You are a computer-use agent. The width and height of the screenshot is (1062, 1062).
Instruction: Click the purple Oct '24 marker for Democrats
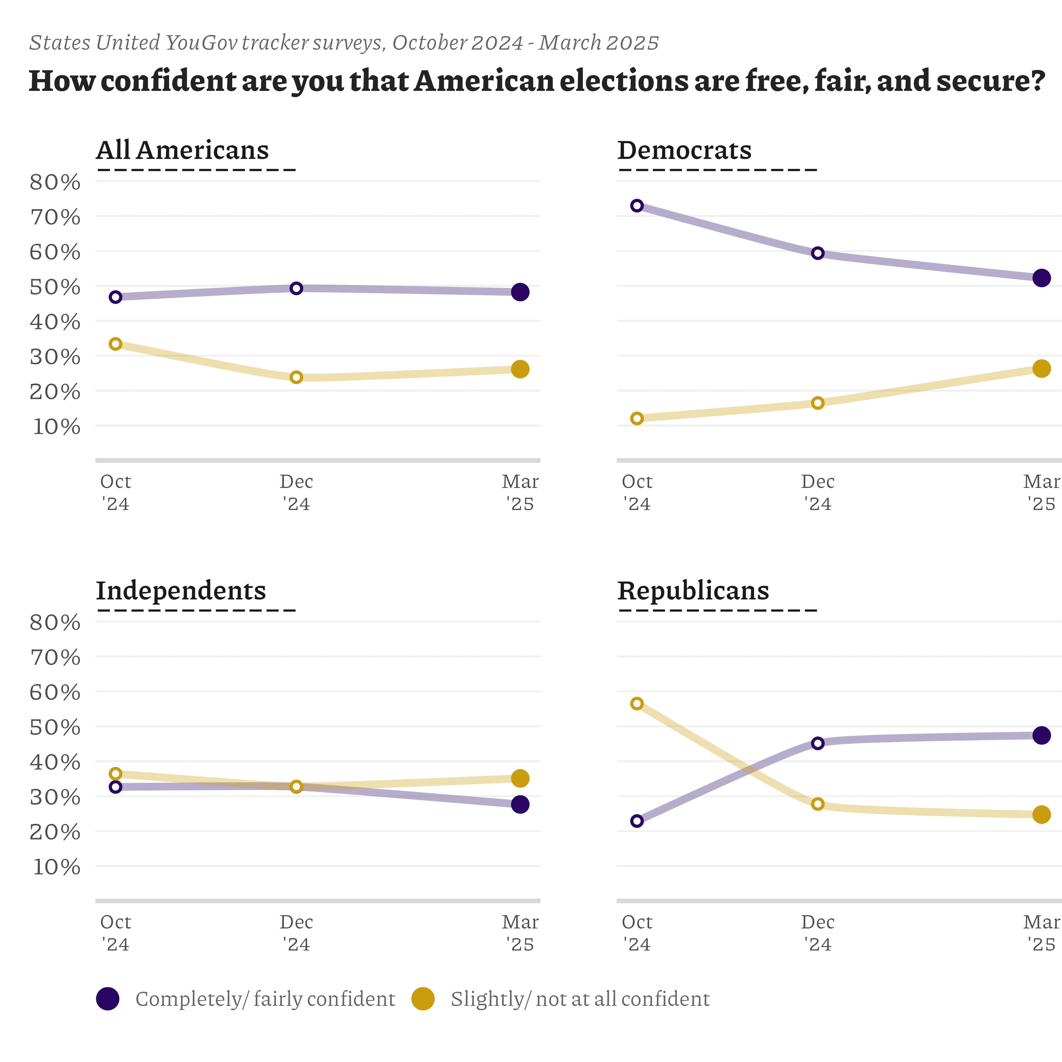[637, 206]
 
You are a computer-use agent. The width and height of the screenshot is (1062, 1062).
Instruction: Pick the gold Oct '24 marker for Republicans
[637, 704]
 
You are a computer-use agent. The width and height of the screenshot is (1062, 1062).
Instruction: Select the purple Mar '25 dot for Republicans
[1041, 735]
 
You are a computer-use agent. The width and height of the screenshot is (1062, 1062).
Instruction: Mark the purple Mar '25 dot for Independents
[520, 804]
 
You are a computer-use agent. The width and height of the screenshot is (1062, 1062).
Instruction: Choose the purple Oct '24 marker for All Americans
[115, 297]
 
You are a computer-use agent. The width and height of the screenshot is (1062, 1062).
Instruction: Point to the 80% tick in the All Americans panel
[55, 182]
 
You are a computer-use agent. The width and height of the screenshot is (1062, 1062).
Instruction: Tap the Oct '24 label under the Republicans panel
[637, 933]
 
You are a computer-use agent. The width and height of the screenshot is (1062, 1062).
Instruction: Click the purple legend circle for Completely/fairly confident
[108, 999]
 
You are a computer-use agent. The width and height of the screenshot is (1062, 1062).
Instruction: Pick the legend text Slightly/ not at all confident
[580, 999]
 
